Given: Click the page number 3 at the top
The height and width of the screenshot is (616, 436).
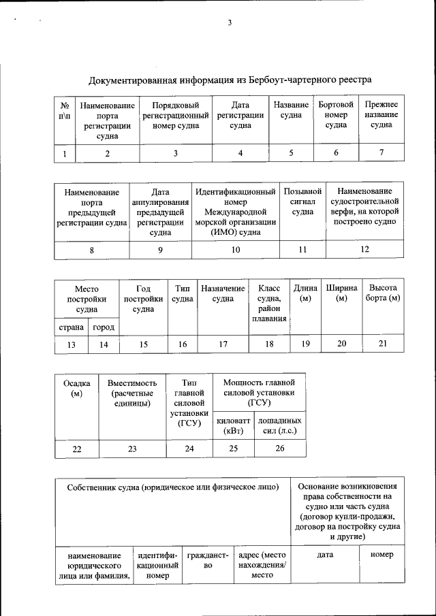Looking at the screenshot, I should pos(230,23).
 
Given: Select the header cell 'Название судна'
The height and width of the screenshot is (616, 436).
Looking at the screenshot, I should pos(291,110).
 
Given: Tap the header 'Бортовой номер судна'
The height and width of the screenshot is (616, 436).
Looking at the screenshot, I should pos(336,115).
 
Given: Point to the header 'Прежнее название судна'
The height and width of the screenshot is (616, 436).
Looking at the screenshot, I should pos(381,115).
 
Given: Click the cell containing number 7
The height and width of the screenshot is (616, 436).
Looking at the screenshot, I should pos(381,152).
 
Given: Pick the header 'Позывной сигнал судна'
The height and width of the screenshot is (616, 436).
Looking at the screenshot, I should pos(302,201).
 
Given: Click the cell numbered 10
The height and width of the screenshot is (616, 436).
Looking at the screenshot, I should pos(236,250).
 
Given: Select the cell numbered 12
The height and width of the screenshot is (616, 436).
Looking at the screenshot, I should pos(364,250).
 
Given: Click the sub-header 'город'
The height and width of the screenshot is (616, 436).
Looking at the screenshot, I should pos(104,327).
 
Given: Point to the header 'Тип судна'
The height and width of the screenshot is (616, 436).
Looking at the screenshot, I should pos(182,293).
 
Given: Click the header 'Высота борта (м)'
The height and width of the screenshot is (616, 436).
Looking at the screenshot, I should pos(382,293).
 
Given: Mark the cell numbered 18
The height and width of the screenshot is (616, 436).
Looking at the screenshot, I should pos(269,344).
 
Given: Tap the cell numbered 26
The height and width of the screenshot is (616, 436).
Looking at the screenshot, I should pos(280,449).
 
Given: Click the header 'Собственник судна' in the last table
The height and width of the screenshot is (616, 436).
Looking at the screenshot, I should pos(173,487).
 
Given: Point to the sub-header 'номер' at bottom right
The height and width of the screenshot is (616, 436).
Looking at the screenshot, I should pos(381,555).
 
